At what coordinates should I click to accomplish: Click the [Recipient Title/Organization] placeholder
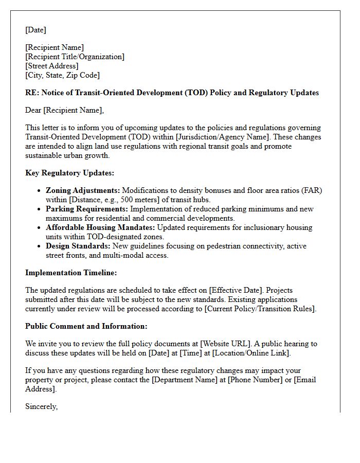click(75, 57)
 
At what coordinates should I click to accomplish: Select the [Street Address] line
click(52, 66)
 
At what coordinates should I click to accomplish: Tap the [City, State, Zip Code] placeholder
click(62, 75)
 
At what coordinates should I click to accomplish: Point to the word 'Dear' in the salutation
click(33, 110)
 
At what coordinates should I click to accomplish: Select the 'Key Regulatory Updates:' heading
click(69, 173)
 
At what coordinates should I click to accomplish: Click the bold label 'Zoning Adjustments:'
click(82, 190)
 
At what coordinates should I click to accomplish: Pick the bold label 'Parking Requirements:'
click(87, 209)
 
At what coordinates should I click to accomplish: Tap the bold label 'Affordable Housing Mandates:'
click(100, 227)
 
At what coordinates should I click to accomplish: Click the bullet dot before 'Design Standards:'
click(40, 246)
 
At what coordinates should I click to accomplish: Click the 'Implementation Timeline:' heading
click(71, 273)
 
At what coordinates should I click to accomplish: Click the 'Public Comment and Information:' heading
click(86, 326)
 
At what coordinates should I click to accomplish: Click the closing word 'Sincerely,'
click(42, 406)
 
